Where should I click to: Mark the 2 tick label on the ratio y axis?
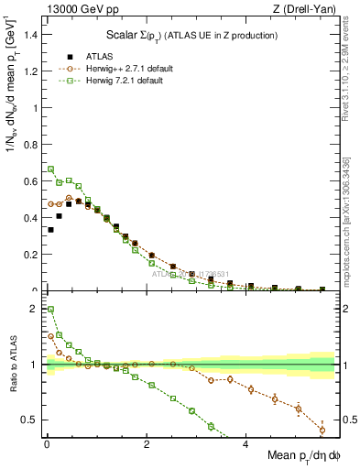coord(35,310)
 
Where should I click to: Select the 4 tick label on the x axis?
coord(245,445)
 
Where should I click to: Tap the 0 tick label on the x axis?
coord(47,445)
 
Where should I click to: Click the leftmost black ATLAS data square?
coord(50,230)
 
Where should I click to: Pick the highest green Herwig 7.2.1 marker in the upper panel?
coord(50,169)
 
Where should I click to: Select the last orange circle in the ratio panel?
coord(322,430)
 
